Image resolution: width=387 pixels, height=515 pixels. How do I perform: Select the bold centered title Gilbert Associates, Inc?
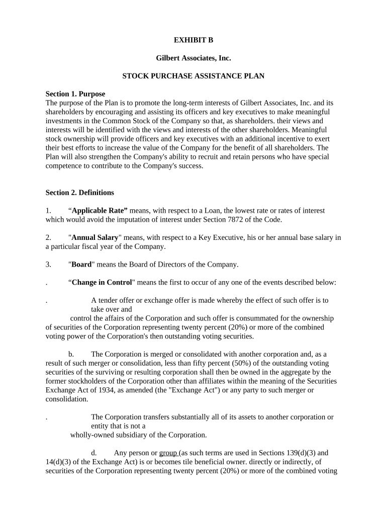(193, 58)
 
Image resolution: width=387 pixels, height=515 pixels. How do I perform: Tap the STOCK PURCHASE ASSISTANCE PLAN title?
(193, 76)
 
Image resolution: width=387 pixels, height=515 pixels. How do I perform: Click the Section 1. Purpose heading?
(75, 94)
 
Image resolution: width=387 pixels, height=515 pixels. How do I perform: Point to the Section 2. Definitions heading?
(79, 193)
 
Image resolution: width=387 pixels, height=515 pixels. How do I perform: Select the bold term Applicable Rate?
(100, 211)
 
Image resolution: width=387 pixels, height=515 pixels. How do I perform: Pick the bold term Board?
(81, 265)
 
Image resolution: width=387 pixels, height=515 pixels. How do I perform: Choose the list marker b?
(71, 354)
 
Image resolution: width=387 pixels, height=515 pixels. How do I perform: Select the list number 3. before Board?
(48, 265)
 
